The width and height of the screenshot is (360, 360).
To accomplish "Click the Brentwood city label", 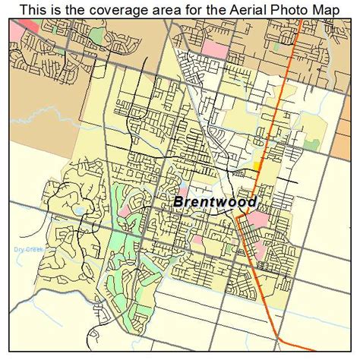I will click(x=215, y=202).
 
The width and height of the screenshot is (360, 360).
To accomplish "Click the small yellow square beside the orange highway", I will click(x=257, y=164).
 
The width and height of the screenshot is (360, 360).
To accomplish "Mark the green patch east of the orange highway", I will click(x=311, y=142).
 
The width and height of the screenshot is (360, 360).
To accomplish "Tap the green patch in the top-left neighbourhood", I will click(x=95, y=36).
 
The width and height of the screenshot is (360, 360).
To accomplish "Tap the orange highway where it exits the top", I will click(x=302, y=24).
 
